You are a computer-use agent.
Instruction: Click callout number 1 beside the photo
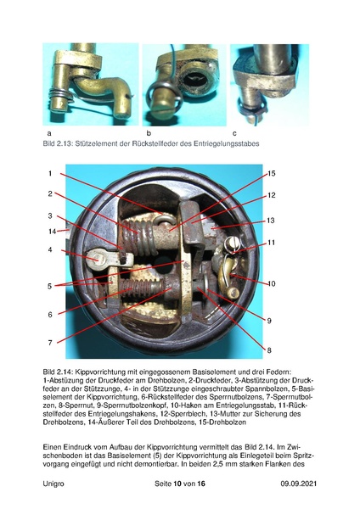pyautogui.click(x=50, y=173)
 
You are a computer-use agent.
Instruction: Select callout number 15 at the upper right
pyautogui.click(x=272, y=173)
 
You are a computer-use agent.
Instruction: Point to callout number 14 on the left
pyautogui.click(x=52, y=231)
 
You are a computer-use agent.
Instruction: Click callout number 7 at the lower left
pyautogui.click(x=50, y=342)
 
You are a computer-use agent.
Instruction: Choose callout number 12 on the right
pyautogui.click(x=272, y=195)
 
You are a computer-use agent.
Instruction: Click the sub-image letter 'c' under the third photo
pyautogui.click(x=234, y=134)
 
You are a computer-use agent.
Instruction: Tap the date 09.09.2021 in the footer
pyautogui.click(x=300, y=483)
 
